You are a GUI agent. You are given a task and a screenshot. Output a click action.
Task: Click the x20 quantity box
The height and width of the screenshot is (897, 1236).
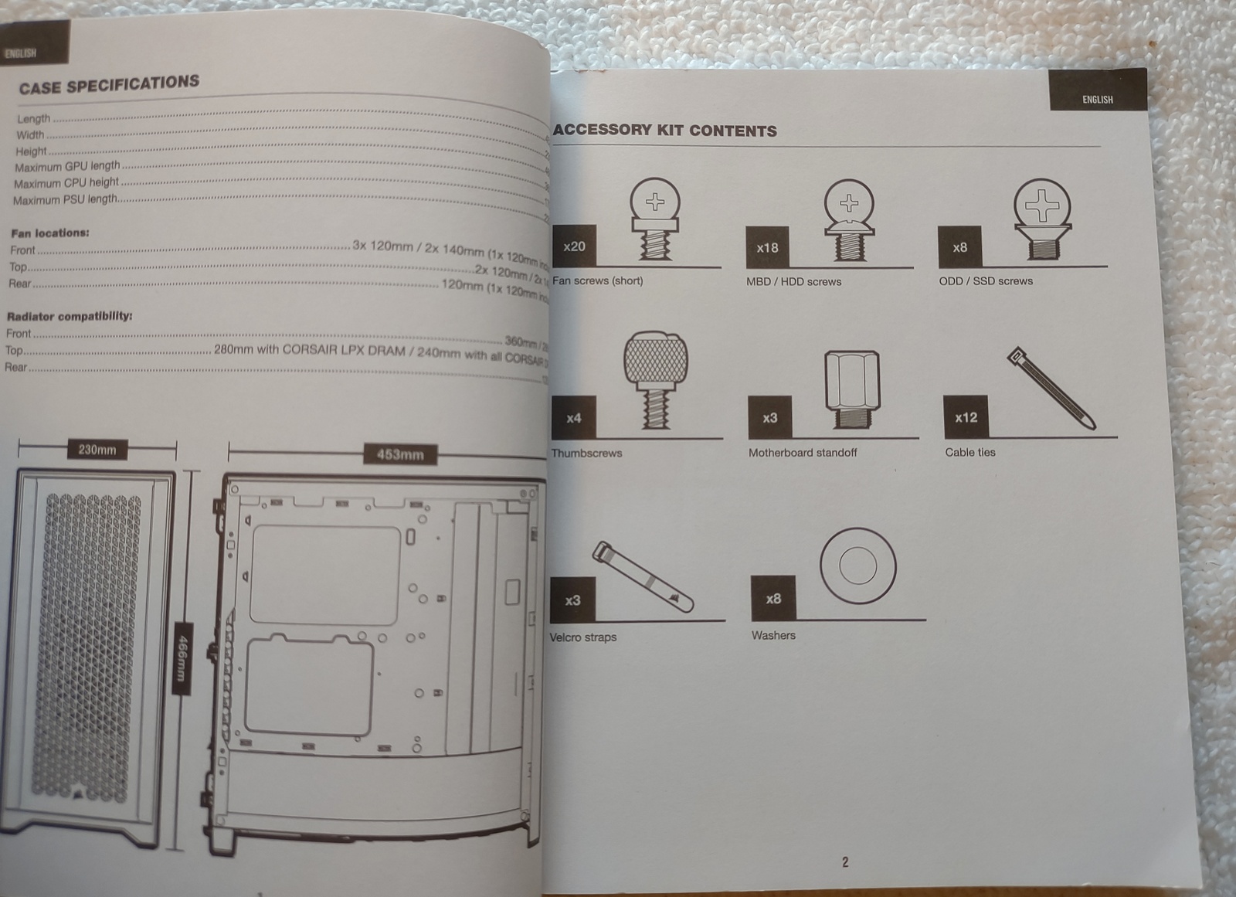574,246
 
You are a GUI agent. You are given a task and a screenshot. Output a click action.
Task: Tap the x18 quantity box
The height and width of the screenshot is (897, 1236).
767,248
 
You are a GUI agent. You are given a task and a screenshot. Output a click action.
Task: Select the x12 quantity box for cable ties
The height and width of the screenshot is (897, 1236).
966,417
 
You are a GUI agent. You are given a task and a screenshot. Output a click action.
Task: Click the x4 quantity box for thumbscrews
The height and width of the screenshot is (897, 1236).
573,418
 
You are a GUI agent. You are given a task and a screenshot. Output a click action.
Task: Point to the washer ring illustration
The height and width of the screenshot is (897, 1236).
857,566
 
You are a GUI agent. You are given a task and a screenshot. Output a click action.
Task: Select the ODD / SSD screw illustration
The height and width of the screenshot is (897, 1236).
1042,218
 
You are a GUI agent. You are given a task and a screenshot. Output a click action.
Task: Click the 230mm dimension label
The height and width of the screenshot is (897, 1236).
97,449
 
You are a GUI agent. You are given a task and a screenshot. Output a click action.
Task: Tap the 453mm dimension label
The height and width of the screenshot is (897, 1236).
400,454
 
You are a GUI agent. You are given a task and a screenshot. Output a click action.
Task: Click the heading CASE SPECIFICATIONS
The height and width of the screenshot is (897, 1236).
109,84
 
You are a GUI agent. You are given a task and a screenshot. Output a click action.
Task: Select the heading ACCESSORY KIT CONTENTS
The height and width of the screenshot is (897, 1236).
664,130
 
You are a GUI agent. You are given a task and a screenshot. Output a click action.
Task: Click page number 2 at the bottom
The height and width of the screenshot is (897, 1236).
845,861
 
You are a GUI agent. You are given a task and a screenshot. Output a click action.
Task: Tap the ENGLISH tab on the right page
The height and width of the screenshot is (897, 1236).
1097,99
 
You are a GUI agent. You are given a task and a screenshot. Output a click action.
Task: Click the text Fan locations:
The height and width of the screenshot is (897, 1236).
50,233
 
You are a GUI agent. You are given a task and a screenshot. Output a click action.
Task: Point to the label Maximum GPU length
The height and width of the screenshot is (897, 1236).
67,166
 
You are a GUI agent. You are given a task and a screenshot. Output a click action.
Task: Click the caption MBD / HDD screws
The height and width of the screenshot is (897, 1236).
793,281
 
